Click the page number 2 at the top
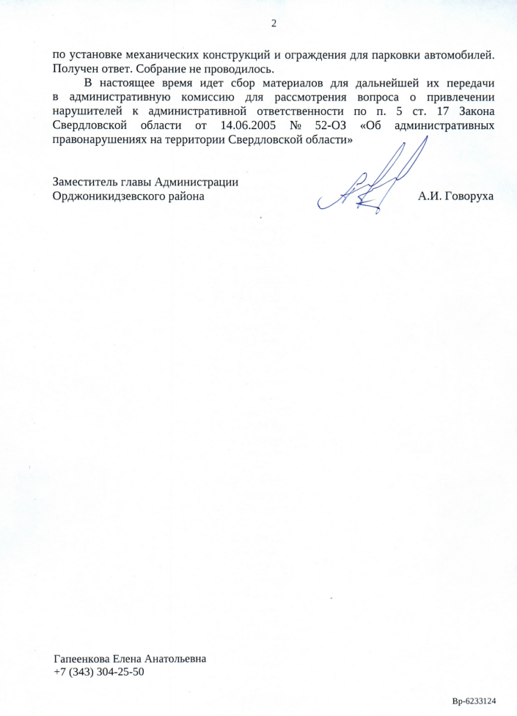click(274, 23)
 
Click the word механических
click(150, 55)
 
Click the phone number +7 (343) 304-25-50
click(99, 671)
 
